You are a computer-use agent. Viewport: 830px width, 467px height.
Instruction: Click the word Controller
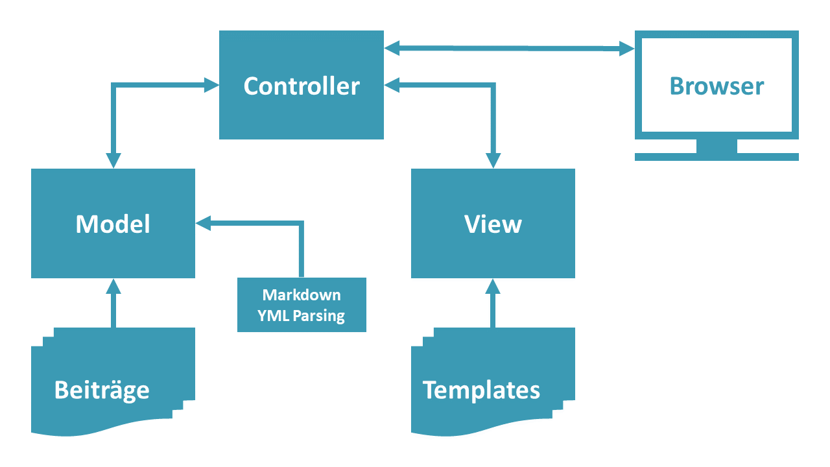pyautogui.click(x=302, y=86)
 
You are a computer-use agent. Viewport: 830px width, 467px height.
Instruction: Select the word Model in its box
pyautogui.click(x=113, y=224)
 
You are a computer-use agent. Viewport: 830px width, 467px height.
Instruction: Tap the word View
pyautogui.click(x=493, y=224)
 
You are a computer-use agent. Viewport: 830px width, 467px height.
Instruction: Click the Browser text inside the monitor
pyautogui.click(x=717, y=86)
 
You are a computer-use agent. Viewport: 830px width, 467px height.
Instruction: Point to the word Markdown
pyautogui.click(x=302, y=295)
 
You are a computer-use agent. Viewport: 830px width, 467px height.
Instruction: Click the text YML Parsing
pyautogui.click(x=302, y=316)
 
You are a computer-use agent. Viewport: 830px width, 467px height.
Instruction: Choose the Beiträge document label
pyautogui.click(x=102, y=390)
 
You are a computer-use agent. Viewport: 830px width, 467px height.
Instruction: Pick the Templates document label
pyautogui.click(x=481, y=390)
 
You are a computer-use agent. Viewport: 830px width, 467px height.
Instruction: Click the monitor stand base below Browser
pyautogui.click(x=717, y=156)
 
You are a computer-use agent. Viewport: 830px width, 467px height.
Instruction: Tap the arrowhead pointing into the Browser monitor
pyautogui.click(x=626, y=48)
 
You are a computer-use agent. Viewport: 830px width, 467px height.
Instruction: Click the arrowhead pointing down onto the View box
pyautogui.click(x=493, y=160)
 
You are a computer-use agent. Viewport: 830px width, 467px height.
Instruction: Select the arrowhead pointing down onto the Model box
pyautogui.click(x=113, y=160)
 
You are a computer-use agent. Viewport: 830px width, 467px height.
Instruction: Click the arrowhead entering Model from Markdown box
pyautogui.click(x=204, y=224)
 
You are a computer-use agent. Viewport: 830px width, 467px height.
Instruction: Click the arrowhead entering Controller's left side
pyautogui.click(x=211, y=84)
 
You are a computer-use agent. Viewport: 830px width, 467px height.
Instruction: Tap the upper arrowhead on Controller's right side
pyautogui.click(x=392, y=47)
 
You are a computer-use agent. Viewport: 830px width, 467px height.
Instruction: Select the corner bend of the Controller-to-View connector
pyautogui.click(x=493, y=84)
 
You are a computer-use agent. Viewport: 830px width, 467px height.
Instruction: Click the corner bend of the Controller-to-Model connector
pyautogui.click(x=113, y=85)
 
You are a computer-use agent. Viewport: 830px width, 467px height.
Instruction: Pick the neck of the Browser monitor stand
pyautogui.click(x=717, y=146)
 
